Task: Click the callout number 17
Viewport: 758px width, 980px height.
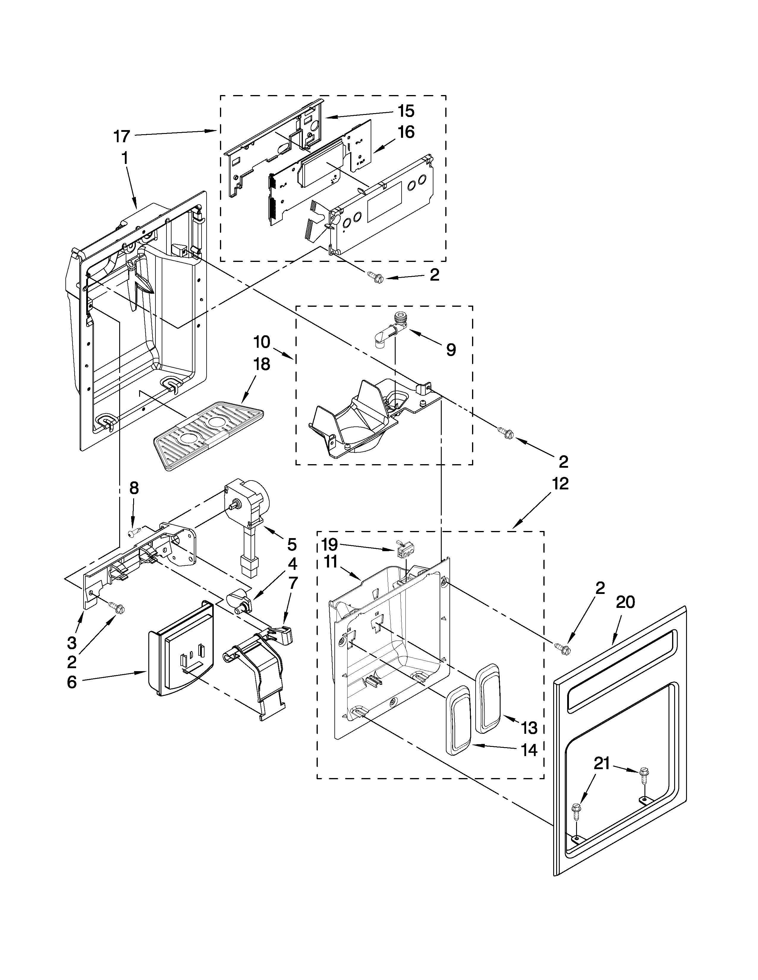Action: [121, 136]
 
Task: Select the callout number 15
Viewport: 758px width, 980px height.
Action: [405, 111]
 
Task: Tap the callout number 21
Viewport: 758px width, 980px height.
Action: [602, 763]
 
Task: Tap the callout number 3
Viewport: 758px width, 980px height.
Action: [72, 643]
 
